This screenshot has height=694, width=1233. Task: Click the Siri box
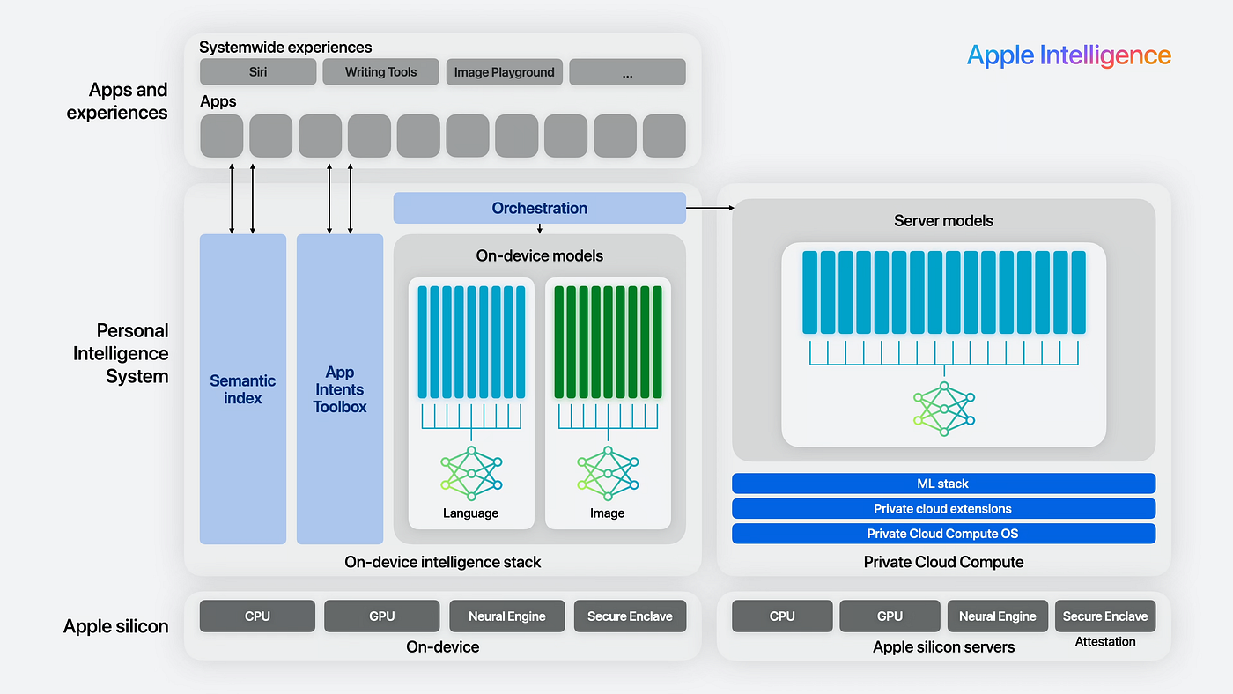258,72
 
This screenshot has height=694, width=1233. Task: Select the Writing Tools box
380,72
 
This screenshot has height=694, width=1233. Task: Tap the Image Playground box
504,72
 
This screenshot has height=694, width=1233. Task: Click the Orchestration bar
539,208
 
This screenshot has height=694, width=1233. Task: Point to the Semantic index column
243,389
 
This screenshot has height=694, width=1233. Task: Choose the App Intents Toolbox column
340,389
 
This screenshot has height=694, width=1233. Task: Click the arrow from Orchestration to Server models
710,208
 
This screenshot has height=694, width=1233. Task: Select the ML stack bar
943,484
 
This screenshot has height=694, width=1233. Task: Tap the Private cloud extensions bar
943,508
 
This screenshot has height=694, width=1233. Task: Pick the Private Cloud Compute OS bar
943,534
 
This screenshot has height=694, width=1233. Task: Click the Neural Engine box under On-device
507,616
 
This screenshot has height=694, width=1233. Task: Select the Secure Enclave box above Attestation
1105,616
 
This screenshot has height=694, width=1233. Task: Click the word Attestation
1105,642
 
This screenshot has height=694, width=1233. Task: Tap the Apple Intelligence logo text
1068,55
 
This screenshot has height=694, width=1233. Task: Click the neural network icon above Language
471,473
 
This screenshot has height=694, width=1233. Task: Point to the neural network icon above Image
608,473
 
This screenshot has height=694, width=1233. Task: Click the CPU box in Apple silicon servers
782,616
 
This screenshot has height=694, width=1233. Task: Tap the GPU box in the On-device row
381,616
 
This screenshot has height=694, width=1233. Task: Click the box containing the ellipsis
627,72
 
